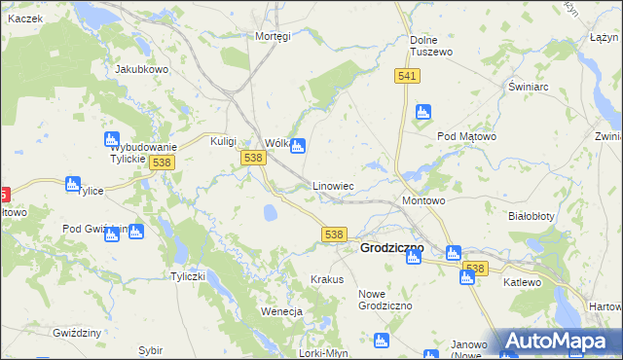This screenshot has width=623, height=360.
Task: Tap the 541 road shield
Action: pyautogui.click(x=408, y=76)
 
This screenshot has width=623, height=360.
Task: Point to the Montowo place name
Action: pyautogui.click(x=423, y=200)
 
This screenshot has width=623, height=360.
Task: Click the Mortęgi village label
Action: pyautogui.click(x=273, y=36)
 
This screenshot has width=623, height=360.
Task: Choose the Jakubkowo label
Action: pyautogui.click(x=142, y=70)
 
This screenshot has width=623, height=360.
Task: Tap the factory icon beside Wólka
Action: pyautogui.click(x=298, y=146)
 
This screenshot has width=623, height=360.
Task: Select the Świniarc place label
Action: pyautogui.click(x=530, y=86)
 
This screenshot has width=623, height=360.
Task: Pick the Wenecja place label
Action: pyautogui.click(x=282, y=311)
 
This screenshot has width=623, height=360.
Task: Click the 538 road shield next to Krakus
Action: pyautogui.click(x=334, y=234)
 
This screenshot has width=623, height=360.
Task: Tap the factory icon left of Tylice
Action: pyautogui.click(x=72, y=183)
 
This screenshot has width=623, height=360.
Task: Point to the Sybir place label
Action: pyautogui.click(x=150, y=349)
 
